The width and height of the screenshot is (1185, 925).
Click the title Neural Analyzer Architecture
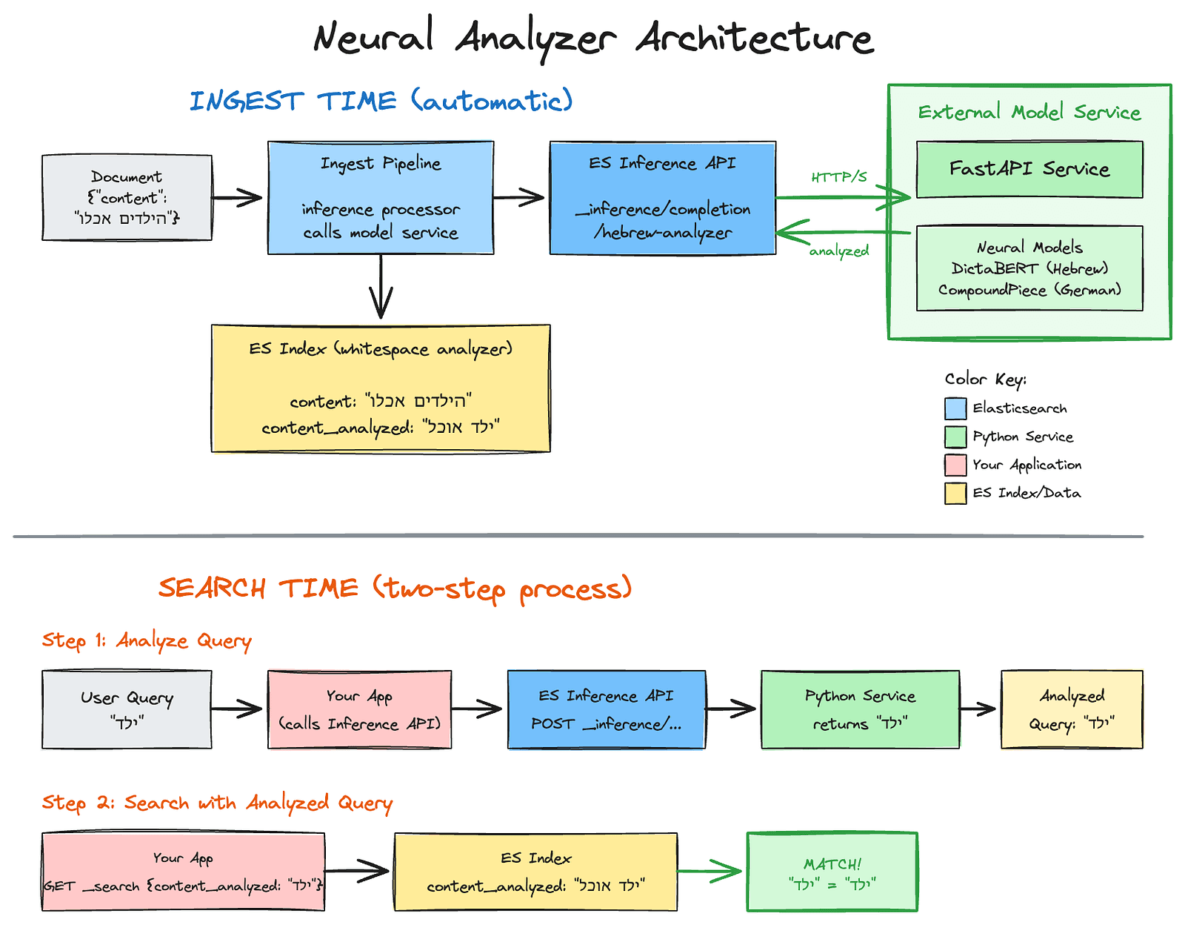pos(592,37)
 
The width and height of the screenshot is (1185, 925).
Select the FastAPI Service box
pos(1029,170)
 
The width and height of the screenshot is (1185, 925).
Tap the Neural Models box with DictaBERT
pos(1029,268)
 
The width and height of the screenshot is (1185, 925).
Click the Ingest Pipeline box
pos(380,198)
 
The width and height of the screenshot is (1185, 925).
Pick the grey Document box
pos(127,198)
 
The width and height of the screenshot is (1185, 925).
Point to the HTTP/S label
pos(838,177)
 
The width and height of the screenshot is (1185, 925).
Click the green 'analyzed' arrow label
pos(838,251)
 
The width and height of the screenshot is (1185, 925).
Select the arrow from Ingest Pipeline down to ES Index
pos(380,288)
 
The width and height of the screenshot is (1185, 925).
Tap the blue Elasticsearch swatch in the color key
pos(955,408)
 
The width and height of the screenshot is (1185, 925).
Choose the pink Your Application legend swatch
pos(955,465)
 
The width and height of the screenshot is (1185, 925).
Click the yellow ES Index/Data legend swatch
pos(955,493)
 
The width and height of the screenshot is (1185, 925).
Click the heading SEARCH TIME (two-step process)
pos(395,589)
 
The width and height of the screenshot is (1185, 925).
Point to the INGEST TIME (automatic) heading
pos(381,101)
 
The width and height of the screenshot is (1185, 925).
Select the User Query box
pos(127,709)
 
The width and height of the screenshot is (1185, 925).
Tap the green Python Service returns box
pos(860,709)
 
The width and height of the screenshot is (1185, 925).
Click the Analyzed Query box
pos(1071,709)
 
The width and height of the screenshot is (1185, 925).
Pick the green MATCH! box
pos(832,872)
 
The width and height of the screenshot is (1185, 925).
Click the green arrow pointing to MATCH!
pos(709,871)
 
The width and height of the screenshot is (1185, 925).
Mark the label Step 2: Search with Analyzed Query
pos(217,803)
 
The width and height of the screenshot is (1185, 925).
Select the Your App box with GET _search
pos(183,872)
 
